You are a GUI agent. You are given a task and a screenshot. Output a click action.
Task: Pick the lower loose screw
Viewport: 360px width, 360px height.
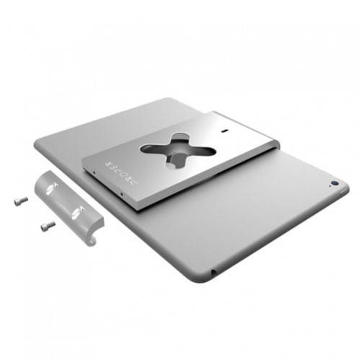click(x=48, y=226)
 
